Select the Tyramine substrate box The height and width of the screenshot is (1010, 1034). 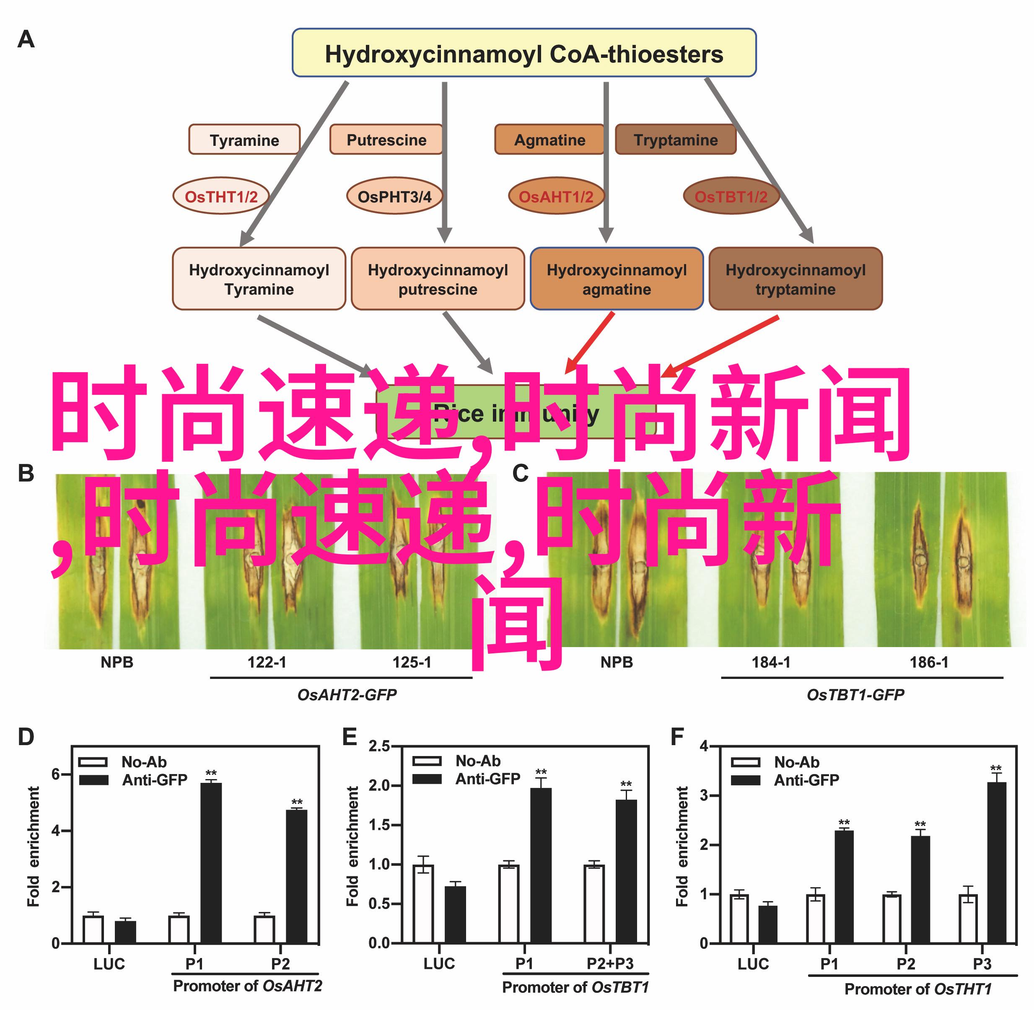pos(244,140)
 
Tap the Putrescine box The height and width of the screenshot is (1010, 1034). pos(386,140)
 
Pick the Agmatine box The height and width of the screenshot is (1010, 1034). pos(549,140)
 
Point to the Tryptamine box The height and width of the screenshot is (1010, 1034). pos(675,140)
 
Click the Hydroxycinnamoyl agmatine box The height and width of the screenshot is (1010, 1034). pos(617,279)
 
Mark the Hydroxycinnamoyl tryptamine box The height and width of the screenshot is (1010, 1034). pos(795,279)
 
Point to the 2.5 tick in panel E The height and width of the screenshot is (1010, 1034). pos(379,746)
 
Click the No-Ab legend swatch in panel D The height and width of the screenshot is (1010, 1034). pos(93,762)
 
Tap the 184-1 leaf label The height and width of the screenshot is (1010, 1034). pos(771,662)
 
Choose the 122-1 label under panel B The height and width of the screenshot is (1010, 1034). pos(267,662)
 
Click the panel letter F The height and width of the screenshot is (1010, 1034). pos(677,737)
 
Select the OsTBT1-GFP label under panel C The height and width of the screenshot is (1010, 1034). pos(855,695)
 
